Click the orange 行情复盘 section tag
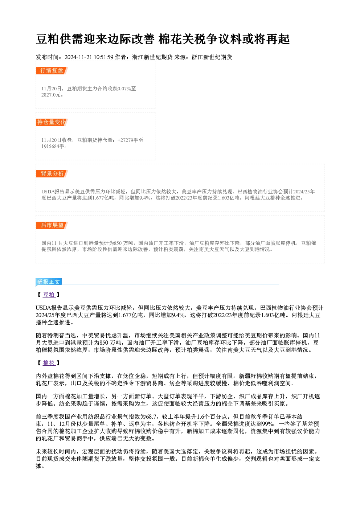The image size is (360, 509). (52, 71)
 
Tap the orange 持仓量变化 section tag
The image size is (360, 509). (52, 122)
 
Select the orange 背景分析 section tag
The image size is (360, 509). (52, 174)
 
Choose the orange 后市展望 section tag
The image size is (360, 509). (52, 225)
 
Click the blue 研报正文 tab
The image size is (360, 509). (49, 282)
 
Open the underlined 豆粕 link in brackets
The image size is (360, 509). (49, 295)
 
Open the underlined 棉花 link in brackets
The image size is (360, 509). (49, 363)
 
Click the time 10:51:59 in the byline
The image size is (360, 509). (104, 57)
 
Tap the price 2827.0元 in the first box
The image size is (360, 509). (51, 95)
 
